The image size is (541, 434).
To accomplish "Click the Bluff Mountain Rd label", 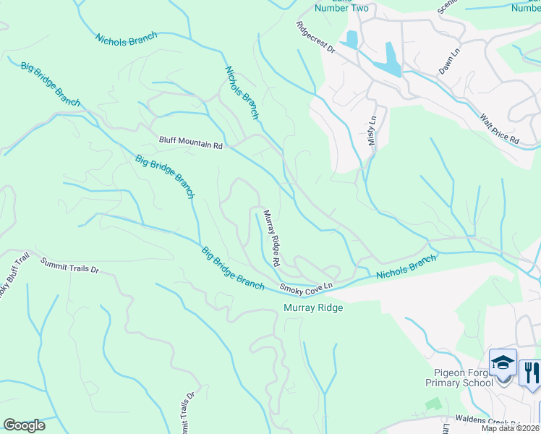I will [x=191, y=145].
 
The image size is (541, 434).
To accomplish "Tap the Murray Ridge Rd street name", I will [x=271, y=238].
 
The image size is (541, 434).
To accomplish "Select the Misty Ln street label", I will [x=372, y=130].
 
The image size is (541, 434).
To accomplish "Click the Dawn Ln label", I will [x=449, y=61].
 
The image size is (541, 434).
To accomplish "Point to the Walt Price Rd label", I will [x=500, y=127].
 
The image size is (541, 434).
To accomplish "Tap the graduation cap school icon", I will [x=503, y=362].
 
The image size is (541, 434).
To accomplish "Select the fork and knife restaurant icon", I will [x=530, y=373].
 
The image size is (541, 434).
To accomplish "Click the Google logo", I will [x=24, y=425].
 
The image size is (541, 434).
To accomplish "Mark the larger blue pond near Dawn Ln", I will [x=391, y=60].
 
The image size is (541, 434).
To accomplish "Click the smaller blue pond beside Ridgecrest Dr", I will [x=352, y=40].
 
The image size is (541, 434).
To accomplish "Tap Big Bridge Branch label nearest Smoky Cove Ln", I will [x=233, y=268].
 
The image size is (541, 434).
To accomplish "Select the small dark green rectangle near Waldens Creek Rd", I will [x=433, y=402].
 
